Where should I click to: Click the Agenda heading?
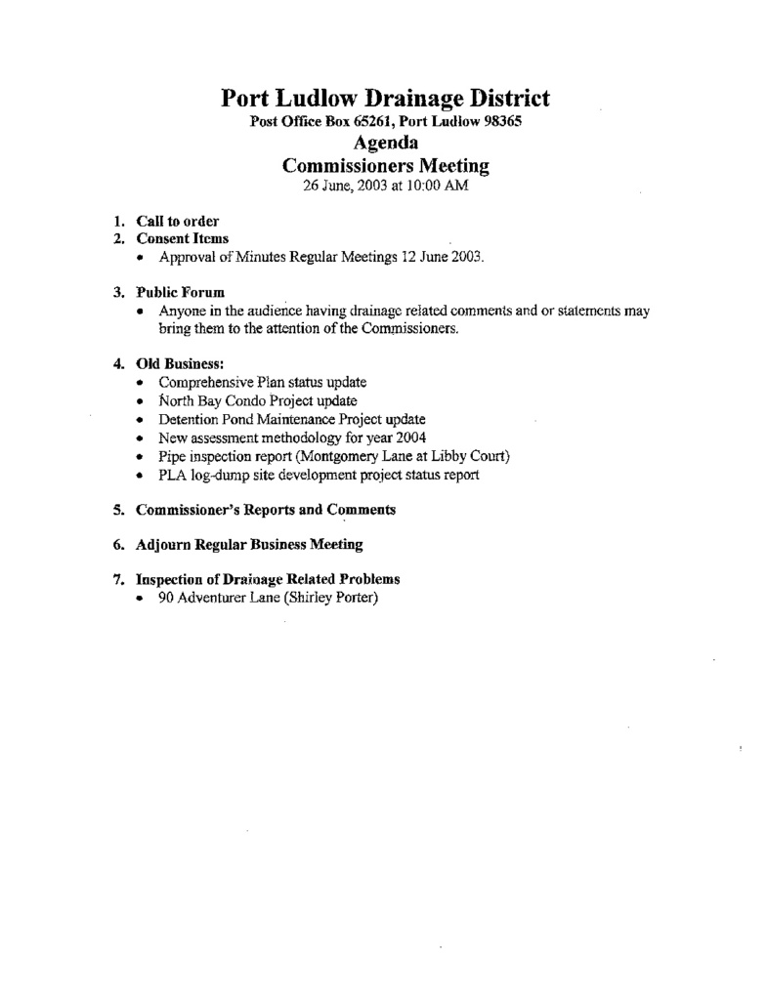coord(385,144)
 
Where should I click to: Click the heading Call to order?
coord(177,221)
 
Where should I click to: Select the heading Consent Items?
coord(183,238)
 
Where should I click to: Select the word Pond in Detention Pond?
coord(243,419)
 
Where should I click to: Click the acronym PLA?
coord(173,476)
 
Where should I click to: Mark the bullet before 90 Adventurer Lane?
coord(143,598)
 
